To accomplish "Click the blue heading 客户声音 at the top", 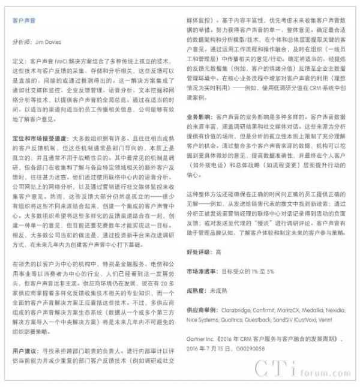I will pyautogui.click(x=24, y=20).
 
